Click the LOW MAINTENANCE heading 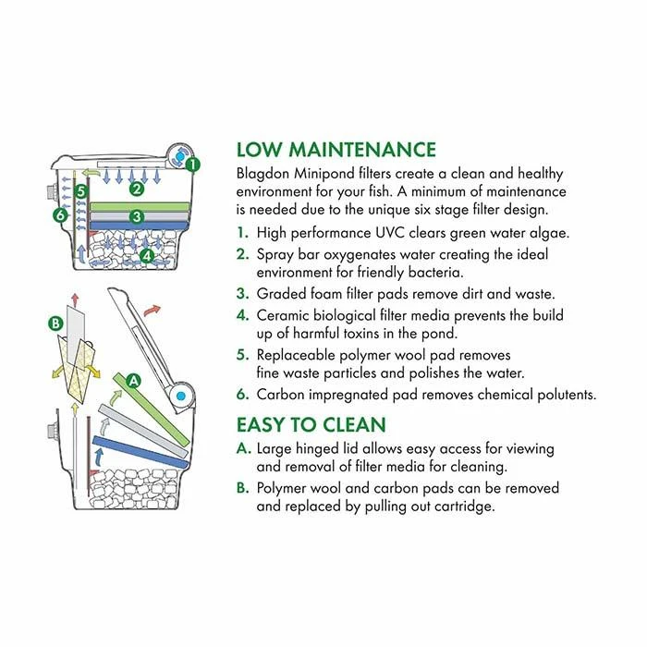coord(336,150)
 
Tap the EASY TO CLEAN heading coord(311,425)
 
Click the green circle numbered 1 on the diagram coord(192,165)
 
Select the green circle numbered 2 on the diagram coord(137,189)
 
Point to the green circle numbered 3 coord(137,217)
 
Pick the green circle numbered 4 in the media coord(147,256)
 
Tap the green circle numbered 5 coord(81,191)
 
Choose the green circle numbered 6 coord(60,215)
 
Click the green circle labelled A coord(133,381)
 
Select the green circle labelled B coord(55,323)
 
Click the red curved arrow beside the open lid coord(152,311)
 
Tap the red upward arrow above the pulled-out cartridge coord(75,299)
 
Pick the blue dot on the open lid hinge coord(181,397)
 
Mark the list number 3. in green coord(243,294)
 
